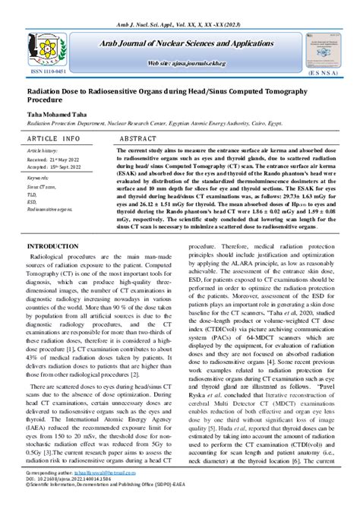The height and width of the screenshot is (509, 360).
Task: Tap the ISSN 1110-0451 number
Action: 48,74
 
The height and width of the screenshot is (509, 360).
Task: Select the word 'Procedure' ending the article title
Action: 48,100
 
